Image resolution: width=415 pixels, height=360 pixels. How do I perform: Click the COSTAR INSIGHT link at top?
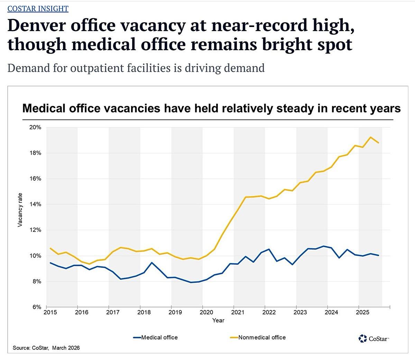38,8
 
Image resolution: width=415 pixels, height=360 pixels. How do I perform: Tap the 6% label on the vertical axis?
37,307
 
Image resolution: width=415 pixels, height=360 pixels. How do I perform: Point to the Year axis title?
218,321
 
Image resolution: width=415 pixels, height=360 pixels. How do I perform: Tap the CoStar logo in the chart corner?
374,338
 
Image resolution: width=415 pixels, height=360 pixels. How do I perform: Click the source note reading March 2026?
66,348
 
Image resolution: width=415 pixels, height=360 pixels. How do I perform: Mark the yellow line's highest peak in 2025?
370,137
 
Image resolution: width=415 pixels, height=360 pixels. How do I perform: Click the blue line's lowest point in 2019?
191,282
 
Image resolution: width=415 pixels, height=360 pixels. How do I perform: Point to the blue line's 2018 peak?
151,263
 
